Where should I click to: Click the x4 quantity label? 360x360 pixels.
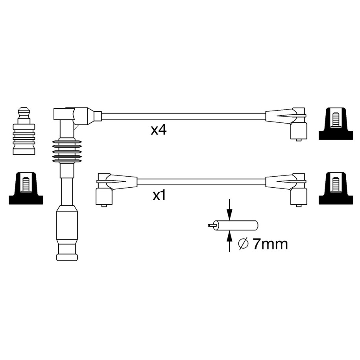tap(159, 130)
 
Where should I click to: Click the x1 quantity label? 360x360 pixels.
tap(159, 196)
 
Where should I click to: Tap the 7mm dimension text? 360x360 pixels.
tap(270, 244)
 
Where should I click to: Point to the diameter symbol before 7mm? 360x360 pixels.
tap(244, 244)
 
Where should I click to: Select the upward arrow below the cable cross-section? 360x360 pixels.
tap(229, 241)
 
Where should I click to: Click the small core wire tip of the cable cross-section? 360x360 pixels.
tap(211, 225)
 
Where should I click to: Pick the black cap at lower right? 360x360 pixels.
tap(336, 188)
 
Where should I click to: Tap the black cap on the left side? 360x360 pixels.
tap(26, 188)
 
